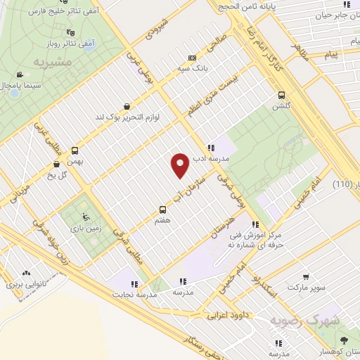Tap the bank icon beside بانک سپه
click(x=192, y=58)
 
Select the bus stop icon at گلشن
click(x=282, y=95)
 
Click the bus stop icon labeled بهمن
click(x=75, y=150)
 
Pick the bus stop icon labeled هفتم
click(x=163, y=209)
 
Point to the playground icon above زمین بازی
click(x=85, y=217)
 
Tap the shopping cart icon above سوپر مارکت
click(x=304, y=277)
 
